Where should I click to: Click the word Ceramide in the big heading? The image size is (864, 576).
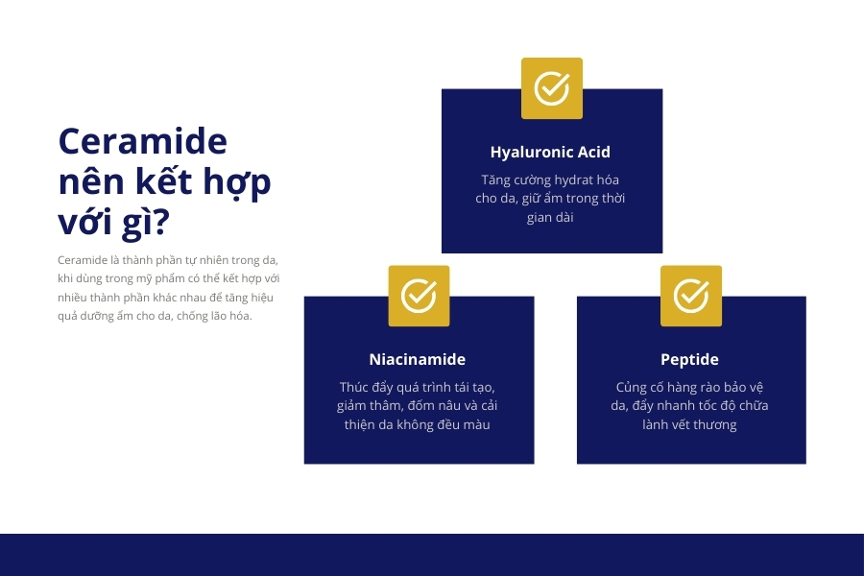(142, 141)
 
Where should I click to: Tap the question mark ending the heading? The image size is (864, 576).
(160, 223)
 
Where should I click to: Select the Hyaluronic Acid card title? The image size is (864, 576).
(550, 152)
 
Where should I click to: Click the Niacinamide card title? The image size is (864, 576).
(418, 359)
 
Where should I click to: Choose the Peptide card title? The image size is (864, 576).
(689, 359)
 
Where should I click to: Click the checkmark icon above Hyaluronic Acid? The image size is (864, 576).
(552, 88)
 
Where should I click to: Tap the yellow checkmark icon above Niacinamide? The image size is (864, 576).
(419, 296)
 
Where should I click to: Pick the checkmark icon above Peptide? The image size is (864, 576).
(691, 296)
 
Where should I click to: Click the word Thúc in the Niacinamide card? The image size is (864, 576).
(355, 387)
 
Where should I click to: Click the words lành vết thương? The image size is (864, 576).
(689, 424)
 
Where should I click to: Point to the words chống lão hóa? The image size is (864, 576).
(212, 316)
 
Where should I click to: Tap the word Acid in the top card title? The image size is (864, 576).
(593, 152)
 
